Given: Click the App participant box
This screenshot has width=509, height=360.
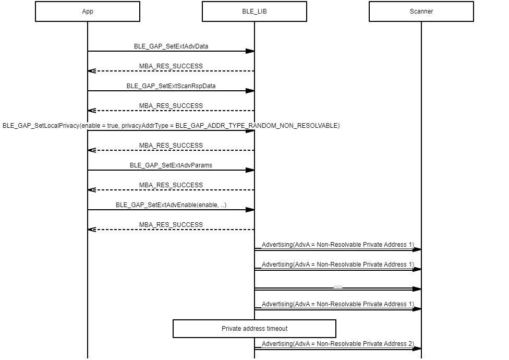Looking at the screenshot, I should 88,11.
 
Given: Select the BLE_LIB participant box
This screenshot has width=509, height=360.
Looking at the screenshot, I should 254,11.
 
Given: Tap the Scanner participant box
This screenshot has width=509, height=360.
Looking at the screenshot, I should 421,11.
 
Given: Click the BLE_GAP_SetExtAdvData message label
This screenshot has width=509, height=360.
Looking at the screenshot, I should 171,46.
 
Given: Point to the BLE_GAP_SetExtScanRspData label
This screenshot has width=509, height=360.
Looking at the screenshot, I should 171,86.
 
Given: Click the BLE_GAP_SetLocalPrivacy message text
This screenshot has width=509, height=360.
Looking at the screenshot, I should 171,125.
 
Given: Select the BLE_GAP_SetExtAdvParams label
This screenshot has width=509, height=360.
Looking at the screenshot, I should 171,165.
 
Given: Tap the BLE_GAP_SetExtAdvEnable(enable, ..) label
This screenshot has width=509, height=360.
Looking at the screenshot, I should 171,205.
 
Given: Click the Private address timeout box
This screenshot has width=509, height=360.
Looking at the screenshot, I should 254,329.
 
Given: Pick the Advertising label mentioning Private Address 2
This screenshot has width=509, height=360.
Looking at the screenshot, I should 338,344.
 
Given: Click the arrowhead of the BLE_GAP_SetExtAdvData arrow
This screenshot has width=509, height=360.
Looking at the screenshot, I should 250,51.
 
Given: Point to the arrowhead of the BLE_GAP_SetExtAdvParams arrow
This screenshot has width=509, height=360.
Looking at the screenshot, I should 250,170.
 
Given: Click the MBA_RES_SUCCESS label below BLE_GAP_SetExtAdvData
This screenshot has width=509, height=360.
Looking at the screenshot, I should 171,66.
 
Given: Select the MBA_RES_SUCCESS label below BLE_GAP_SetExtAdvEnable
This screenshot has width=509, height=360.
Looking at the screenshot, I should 171,224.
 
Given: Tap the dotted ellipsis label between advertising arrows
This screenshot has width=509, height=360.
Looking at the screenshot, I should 338,285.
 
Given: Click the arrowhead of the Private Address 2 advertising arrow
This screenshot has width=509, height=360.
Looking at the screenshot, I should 417,349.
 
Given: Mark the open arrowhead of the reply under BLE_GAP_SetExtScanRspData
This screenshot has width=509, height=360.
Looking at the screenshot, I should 92,111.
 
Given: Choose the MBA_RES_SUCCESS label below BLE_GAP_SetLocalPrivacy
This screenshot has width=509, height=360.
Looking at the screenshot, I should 171,145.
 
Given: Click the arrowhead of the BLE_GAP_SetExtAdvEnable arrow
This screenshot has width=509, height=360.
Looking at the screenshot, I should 250,210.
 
